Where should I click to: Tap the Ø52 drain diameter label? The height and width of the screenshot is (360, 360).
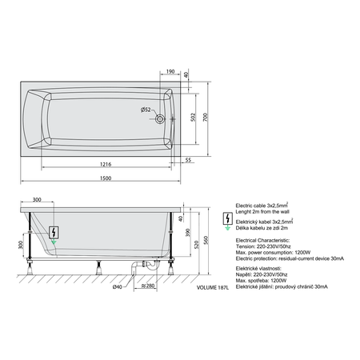[x=146, y=110]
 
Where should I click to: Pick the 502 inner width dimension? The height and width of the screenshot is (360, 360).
[x=191, y=117]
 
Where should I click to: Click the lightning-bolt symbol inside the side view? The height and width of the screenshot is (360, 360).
[x=53, y=227]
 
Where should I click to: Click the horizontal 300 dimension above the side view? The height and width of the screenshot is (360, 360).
[x=36, y=199]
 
